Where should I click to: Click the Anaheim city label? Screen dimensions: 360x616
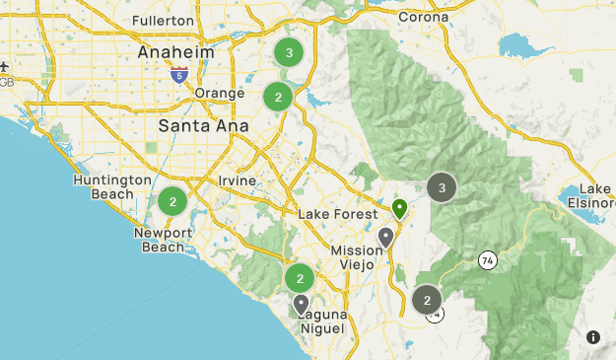[x=175, y=51]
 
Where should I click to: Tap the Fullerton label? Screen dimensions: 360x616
[x=164, y=20]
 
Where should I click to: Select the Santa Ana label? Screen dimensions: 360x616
[x=198, y=126]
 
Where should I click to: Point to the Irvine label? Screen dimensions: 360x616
[x=238, y=180]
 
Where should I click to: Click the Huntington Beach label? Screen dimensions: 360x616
[x=110, y=187]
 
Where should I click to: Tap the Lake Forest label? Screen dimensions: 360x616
[x=337, y=215]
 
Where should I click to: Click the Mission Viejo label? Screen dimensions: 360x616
[x=356, y=258]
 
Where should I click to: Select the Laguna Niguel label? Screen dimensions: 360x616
[x=319, y=322]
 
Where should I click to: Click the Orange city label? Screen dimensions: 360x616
[x=219, y=93]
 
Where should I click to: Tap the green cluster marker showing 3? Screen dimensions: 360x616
[x=288, y=52]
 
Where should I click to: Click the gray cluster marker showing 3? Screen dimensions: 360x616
[x=442, y=187]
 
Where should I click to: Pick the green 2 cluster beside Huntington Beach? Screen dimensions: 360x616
[x=172, y=202]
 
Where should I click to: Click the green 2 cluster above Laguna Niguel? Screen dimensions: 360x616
[x=299, y=278]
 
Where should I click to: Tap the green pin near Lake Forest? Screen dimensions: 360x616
[x=399, y=208]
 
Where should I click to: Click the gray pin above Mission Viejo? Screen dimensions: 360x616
[x=386, y=238]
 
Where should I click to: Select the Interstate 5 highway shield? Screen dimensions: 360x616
[x=178, y=74]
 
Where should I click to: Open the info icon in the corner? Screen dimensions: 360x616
[x=593, y=337]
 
